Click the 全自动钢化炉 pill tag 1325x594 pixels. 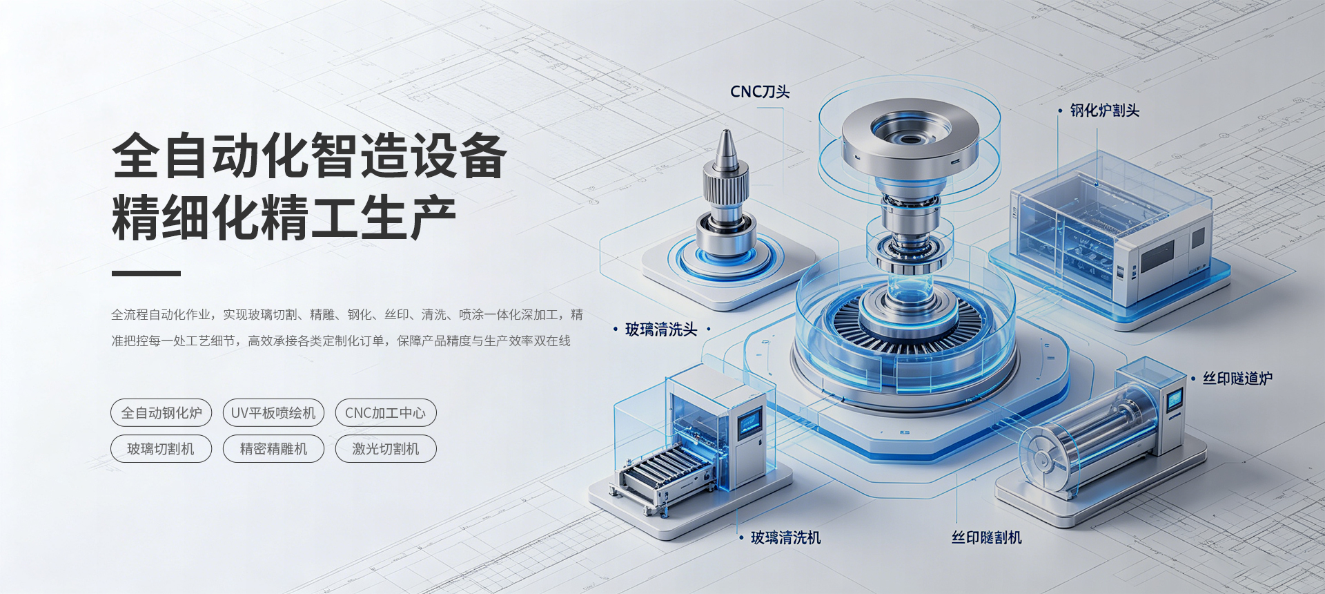(x=161, y=413)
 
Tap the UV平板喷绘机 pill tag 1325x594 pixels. (x=273, y=413)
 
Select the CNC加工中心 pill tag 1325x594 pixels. (x=386, y=413)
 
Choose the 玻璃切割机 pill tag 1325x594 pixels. (x=161, y=449)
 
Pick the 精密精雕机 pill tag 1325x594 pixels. (x=273, y=449)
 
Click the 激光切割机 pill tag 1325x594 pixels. (x=386, y=449)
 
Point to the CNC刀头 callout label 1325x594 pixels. (x=760, y=92)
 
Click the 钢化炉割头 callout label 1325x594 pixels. (x=1105, y=111)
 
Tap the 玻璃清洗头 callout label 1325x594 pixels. (x=661, y=329)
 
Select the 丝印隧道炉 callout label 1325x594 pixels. (x=1238, y=379)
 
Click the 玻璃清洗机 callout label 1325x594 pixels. (x=786, y=537)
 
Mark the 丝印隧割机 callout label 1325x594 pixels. (x=987, y=537)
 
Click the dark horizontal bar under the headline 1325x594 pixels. (x=146, y=274)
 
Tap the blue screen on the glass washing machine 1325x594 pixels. (x=750, y=421)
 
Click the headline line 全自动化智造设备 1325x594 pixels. (x=310, y=155)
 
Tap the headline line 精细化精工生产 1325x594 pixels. (x=284, y=218)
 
